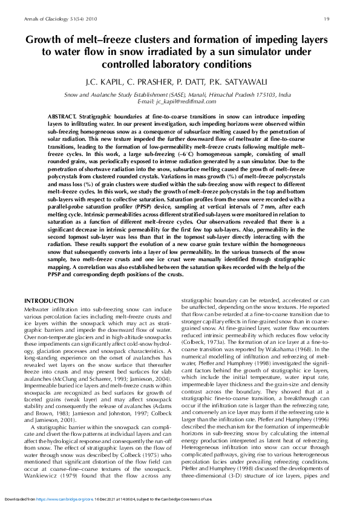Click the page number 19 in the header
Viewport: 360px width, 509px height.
click(327, 19)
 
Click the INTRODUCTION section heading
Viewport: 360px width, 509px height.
click(48, 300)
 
